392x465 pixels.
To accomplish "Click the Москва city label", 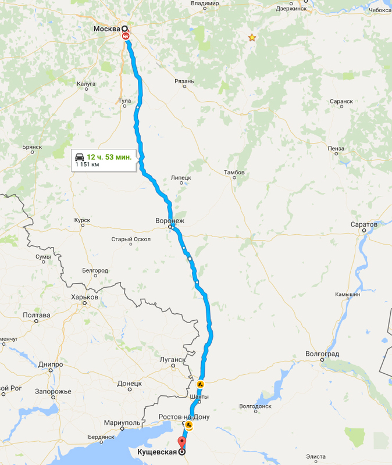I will pyautogui.click(x=106, y=28).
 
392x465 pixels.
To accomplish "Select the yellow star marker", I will pyautogui.click(x=252, y=38).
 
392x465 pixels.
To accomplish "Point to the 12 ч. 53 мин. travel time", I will pyautogui.click(x=109, y=158).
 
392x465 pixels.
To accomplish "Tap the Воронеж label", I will pyautogui.click(x=170, y=221).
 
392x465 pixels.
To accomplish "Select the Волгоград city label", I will pyautogui.click(x=322, y=353).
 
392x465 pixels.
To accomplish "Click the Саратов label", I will pyautogui.click(x=364, y=224).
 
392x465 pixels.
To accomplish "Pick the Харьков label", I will pyautogui.click(x=84, y=297).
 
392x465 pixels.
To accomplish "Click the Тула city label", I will pyautogui.click(x=124, y=101).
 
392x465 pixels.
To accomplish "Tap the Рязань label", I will pyautogui.click(x=184, y=82).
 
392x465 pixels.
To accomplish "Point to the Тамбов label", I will pyautogui.click(x=234, y=173).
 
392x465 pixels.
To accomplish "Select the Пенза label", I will pyautogui.click(x=336, y=148).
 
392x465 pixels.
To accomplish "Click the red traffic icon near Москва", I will pyautogui.click(x=126, y=36).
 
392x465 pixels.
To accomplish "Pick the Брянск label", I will pyautogui.click(x=32, y=147).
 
